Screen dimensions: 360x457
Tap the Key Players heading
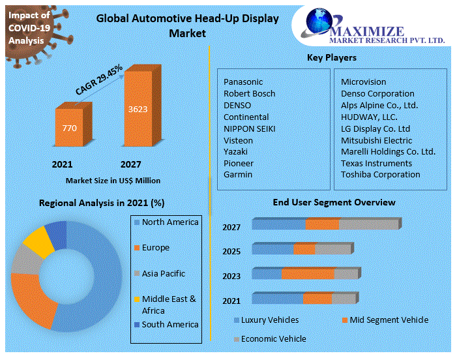(x=331, y=58)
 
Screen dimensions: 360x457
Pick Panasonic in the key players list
(x=243, y=82)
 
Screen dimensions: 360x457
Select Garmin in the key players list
(x=238, y=175)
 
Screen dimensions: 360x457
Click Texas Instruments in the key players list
(x=376, y=163)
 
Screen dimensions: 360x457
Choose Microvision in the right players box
(x=363, y=82)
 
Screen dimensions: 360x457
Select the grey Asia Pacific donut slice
(x=25, y=260)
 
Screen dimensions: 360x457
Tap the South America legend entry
(x=170, y=324)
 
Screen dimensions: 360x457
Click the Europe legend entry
(x=155, y=248)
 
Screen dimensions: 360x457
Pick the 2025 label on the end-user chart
(x=231, y=252)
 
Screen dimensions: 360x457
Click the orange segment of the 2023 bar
(x=307, y=273)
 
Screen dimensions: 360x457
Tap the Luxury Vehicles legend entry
(x=269, y=320)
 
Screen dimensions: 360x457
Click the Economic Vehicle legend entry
(x=273, y=339)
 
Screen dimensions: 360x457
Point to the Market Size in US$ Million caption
(x=113, y=180)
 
